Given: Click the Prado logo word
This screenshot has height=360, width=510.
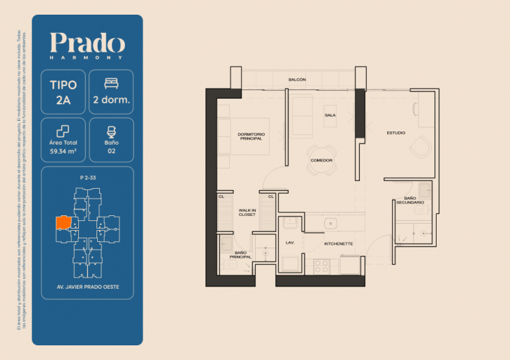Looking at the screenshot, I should pos(87,43).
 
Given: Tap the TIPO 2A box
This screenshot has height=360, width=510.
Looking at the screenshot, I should pos(64,92).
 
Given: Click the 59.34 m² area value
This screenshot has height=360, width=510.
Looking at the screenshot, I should pos(64,149).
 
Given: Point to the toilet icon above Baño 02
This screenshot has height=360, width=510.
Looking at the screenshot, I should pos(111,131).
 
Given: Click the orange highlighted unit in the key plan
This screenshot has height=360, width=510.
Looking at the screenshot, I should pos(63,223).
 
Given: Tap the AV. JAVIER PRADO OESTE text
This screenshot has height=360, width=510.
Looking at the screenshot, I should pos(87,287).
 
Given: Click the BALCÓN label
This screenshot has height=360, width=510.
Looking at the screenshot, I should pos(297,80).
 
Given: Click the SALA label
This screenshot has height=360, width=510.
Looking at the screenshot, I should pos(330,115).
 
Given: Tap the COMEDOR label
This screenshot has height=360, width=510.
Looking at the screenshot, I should pos(321,161).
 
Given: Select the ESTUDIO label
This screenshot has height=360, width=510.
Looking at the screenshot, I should pos(396,133).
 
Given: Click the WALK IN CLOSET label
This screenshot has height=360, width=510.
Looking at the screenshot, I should pos(247,212).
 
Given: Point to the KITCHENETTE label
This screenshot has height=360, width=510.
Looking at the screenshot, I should pos(338,244).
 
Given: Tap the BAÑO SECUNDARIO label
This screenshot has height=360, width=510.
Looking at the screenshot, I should pos(410,201).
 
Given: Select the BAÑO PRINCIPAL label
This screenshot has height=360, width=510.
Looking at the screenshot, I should pos(242,254).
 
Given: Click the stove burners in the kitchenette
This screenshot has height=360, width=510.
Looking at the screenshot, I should pos(323,266).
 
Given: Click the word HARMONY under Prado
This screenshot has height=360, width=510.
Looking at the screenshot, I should pos(87,57).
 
